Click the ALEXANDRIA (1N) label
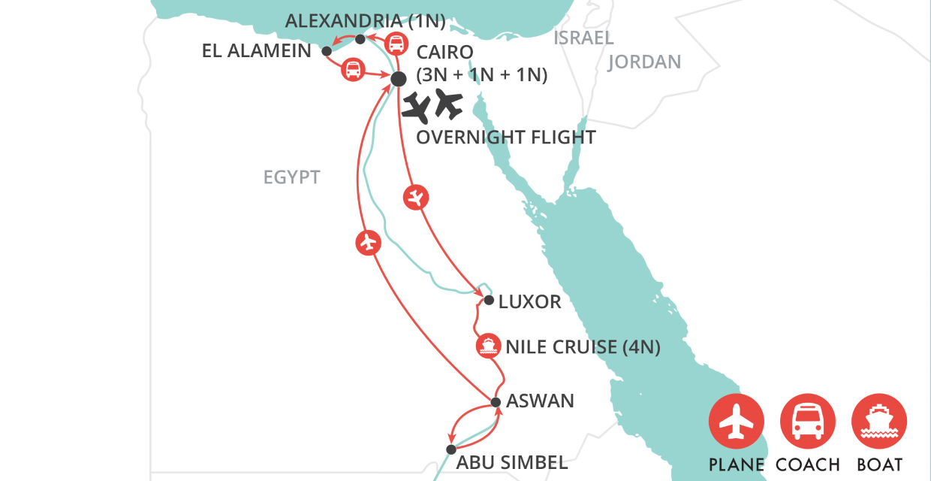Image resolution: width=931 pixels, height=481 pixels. click(366, 21)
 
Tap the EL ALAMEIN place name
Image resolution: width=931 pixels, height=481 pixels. click(257, 51)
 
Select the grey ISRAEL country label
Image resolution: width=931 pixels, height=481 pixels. click(583, 38)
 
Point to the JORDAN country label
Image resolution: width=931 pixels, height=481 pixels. click(644, 62)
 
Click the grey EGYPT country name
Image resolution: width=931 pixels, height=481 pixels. click(291, 177)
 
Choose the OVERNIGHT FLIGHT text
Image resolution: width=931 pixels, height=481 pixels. click(505, 138)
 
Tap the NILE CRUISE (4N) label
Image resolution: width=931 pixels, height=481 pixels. click(583, 346)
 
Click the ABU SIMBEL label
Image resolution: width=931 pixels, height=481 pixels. click(512, 462)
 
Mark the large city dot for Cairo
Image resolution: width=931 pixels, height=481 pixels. click(398, 78)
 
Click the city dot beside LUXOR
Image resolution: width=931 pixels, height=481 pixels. click(489, 301)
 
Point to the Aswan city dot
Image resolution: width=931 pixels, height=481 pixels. click(496, 402)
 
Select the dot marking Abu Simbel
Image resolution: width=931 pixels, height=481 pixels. click(450, 449)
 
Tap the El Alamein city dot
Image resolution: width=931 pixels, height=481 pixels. click(327, 51)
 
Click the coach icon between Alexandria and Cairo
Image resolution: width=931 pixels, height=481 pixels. click(396, 44)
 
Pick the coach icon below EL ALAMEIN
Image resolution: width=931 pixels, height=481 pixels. click(352, 71)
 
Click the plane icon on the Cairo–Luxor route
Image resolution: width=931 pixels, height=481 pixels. click(415, 198)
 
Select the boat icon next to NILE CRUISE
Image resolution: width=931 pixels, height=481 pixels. click(488, 346)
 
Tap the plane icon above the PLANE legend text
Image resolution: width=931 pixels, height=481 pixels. click(737, 422)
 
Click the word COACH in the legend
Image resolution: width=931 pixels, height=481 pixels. click(808, 464)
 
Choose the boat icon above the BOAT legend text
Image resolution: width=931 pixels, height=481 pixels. click(879, 422)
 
